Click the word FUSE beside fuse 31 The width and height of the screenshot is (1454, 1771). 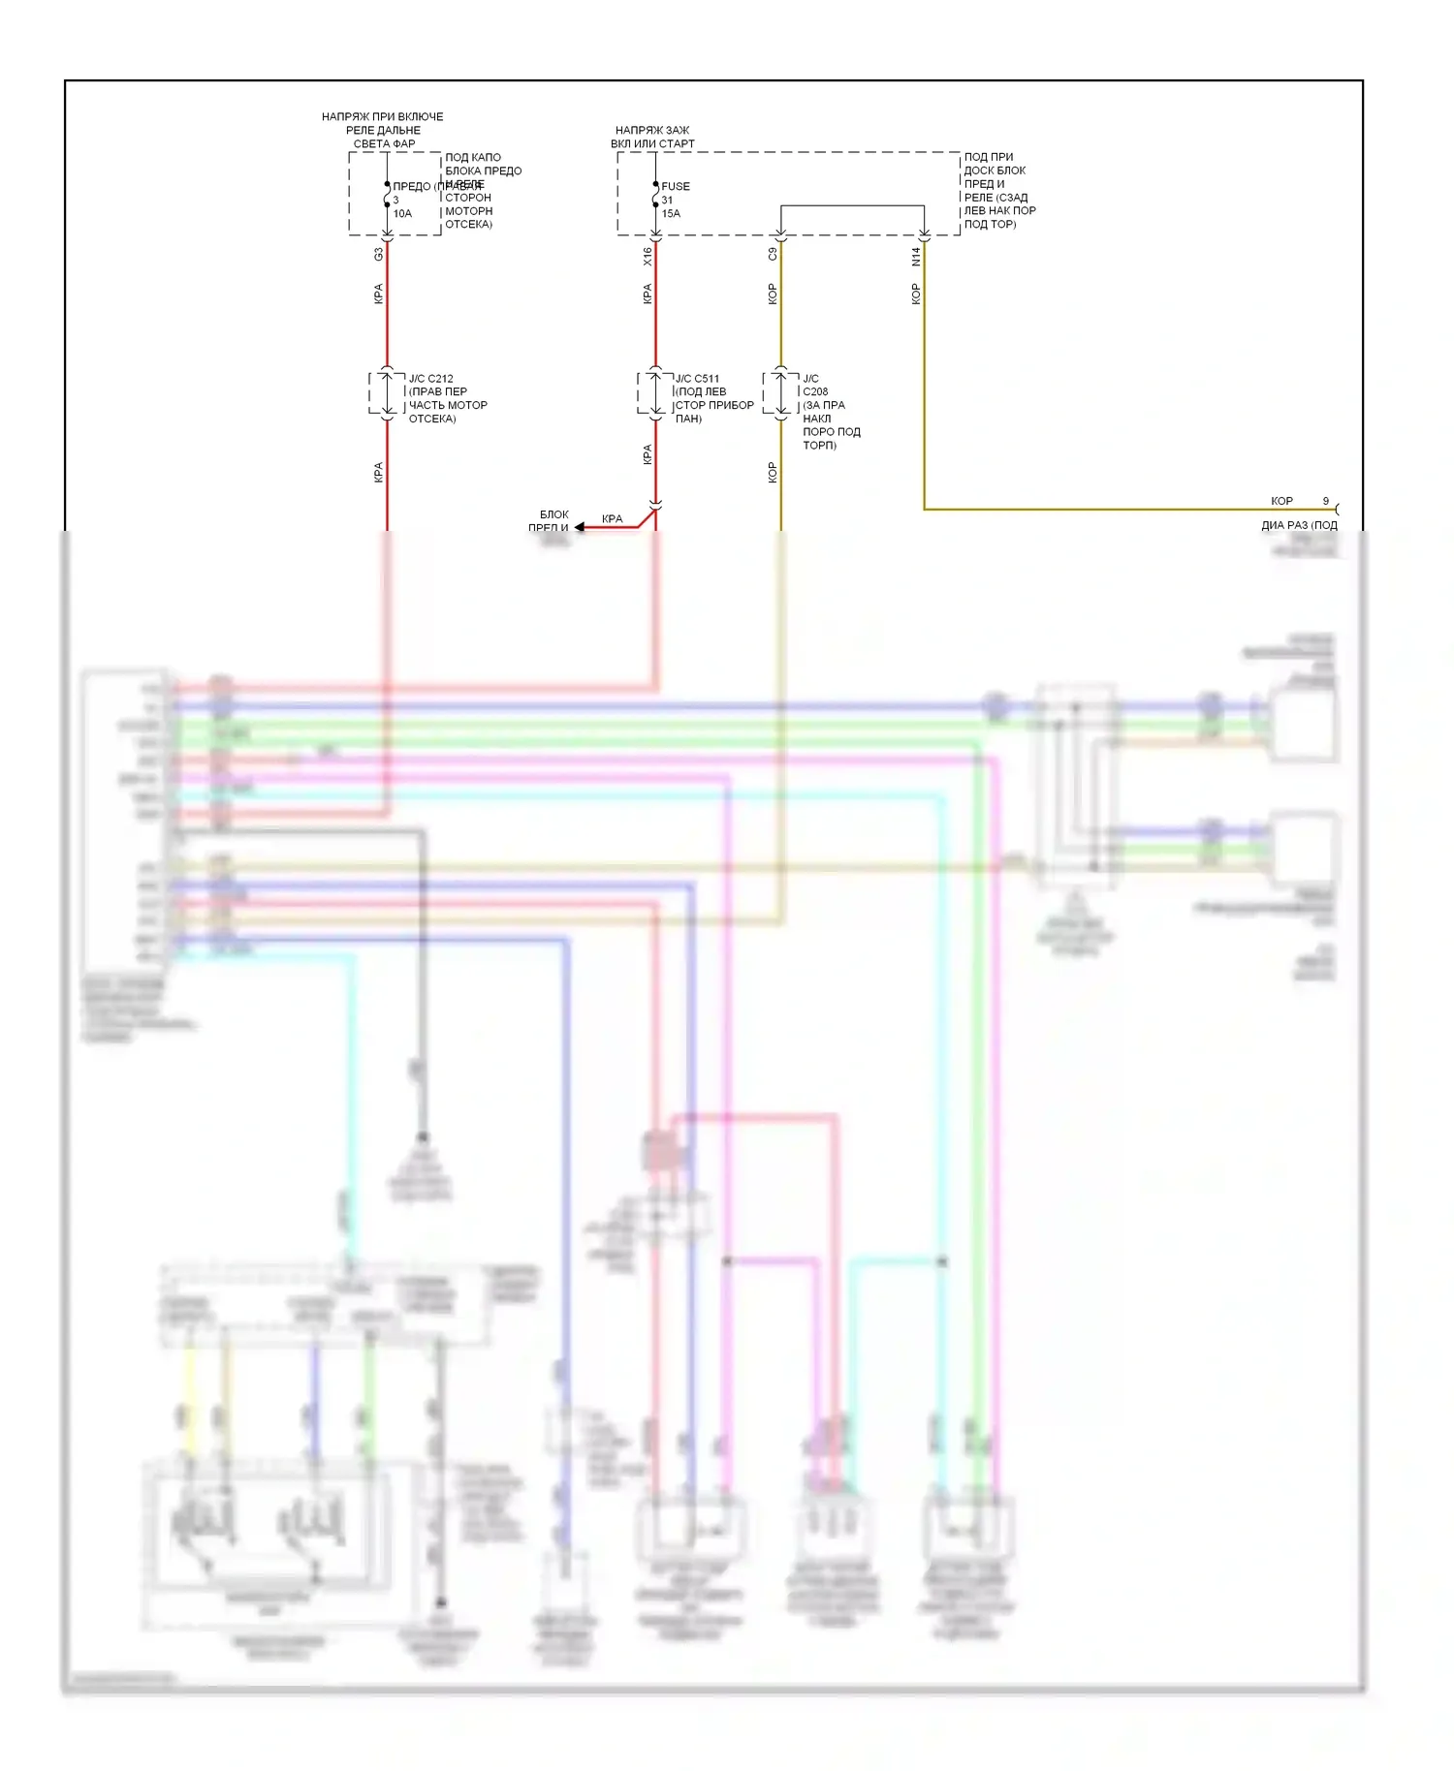click(676, 186)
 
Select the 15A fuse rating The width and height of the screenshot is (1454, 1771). click(671, 213)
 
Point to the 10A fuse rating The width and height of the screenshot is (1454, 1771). click(402, 213)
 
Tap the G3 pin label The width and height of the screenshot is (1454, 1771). click(378, 254)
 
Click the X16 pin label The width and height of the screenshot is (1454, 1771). click(647, 256)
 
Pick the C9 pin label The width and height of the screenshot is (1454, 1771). click(772, 254)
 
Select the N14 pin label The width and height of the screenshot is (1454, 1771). click(915, 256)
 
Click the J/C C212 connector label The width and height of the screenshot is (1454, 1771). click(430, 379)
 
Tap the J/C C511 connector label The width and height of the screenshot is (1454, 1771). click(697, 379)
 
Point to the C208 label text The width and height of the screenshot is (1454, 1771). click(815, 391)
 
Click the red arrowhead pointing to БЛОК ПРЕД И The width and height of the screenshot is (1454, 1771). click(580, 527)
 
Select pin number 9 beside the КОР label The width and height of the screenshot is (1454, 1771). click(1326, 501)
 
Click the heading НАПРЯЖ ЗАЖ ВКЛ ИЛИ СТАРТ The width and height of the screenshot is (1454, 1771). click(652, 137)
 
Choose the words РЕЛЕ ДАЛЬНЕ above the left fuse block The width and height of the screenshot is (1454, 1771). click(383, 130)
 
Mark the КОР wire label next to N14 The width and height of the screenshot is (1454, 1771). click(915, 294)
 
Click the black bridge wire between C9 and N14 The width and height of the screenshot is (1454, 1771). click(852, 205)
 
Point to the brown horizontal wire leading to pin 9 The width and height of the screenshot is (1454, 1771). click(1115, 509)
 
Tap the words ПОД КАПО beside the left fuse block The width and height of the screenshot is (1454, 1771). click(473, 157)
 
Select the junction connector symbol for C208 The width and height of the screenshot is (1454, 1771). click(780, 392)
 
